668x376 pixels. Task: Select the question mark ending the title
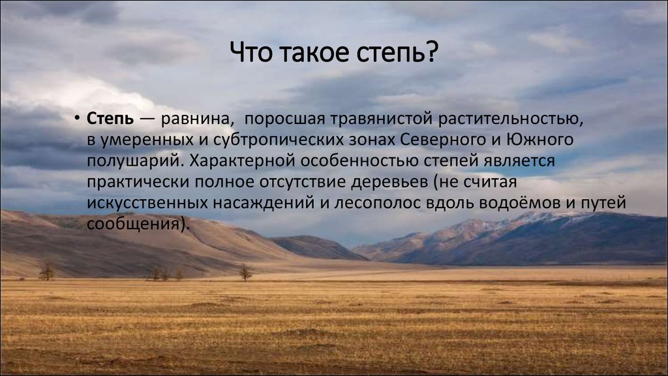431,52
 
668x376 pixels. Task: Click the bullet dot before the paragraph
77,117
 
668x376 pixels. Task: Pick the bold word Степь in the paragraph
110,119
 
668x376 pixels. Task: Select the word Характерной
242,161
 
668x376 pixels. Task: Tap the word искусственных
147,203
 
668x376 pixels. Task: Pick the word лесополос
378,203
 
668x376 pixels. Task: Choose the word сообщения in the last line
132,225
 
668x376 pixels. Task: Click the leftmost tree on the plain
47,271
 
